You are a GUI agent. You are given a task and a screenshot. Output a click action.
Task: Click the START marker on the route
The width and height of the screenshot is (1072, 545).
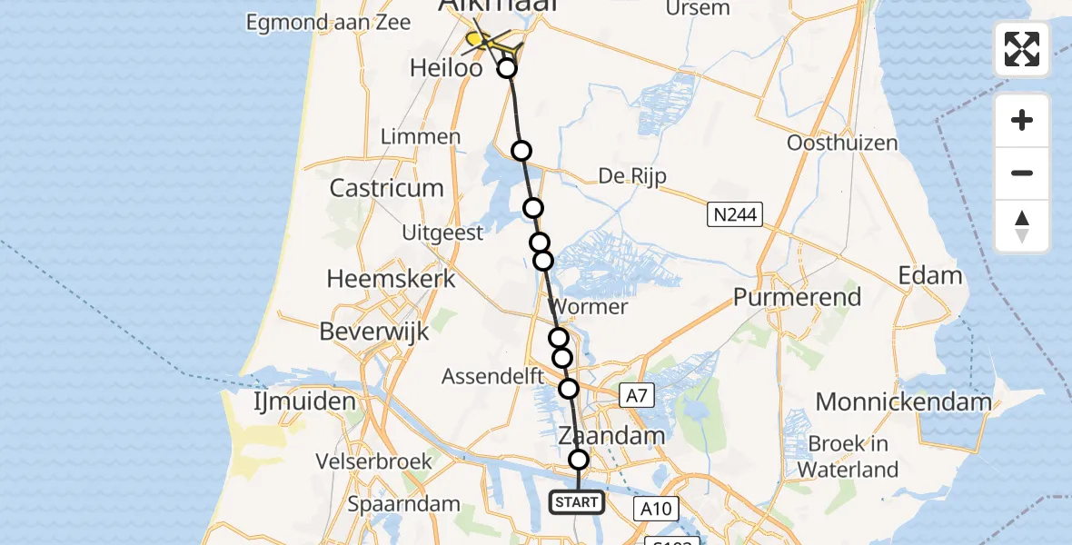[x=577, y=502]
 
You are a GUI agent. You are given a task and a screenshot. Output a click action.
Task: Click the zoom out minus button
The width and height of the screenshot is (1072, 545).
[x=1022, y=173]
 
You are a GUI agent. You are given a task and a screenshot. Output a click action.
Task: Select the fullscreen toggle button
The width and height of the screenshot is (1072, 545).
[x=1022, y=49]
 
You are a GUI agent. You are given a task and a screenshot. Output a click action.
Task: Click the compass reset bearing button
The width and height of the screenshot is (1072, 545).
[x=1022, y=226]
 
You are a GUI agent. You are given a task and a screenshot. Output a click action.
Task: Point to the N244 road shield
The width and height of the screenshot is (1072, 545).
[x=735, y=214]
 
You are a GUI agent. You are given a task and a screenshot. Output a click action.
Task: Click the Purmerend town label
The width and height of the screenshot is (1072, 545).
[x=797, y=298]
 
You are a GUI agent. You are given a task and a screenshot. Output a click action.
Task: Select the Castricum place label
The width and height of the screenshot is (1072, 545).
[x=387, y=188]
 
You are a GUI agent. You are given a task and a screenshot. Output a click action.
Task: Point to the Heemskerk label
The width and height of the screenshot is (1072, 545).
[x=391, y=278]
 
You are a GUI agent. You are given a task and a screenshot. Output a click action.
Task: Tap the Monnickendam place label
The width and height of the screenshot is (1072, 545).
[x=903, y=401]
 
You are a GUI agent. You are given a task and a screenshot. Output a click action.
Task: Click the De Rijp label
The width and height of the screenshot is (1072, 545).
[x=632, y=175]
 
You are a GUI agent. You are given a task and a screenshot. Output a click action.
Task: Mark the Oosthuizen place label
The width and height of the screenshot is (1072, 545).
[x=842, y=143]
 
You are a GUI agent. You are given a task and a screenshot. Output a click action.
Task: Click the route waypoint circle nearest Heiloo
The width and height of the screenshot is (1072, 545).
[x=507, y=68]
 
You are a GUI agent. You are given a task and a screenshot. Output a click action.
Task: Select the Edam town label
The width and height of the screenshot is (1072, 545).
[x=929, y=275]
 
